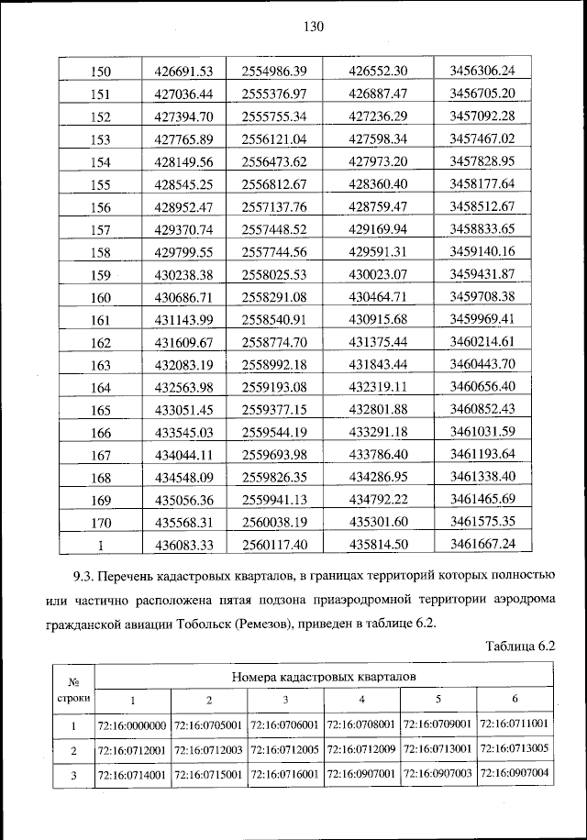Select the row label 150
click(102, 72)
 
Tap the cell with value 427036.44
click(184, 94)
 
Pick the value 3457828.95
click(483, 161)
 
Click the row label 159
click(102, 274)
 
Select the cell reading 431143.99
click(184, 319)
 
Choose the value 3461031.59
click(483, 432)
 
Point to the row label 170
click(102, 523)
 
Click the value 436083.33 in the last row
click(184, 545)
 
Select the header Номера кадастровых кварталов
click(325, 678)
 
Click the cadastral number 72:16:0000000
click(131, 725)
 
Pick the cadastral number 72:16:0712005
click(285, 748)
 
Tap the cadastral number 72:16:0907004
click(514, 773)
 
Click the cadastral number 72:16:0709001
click(438, 725)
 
